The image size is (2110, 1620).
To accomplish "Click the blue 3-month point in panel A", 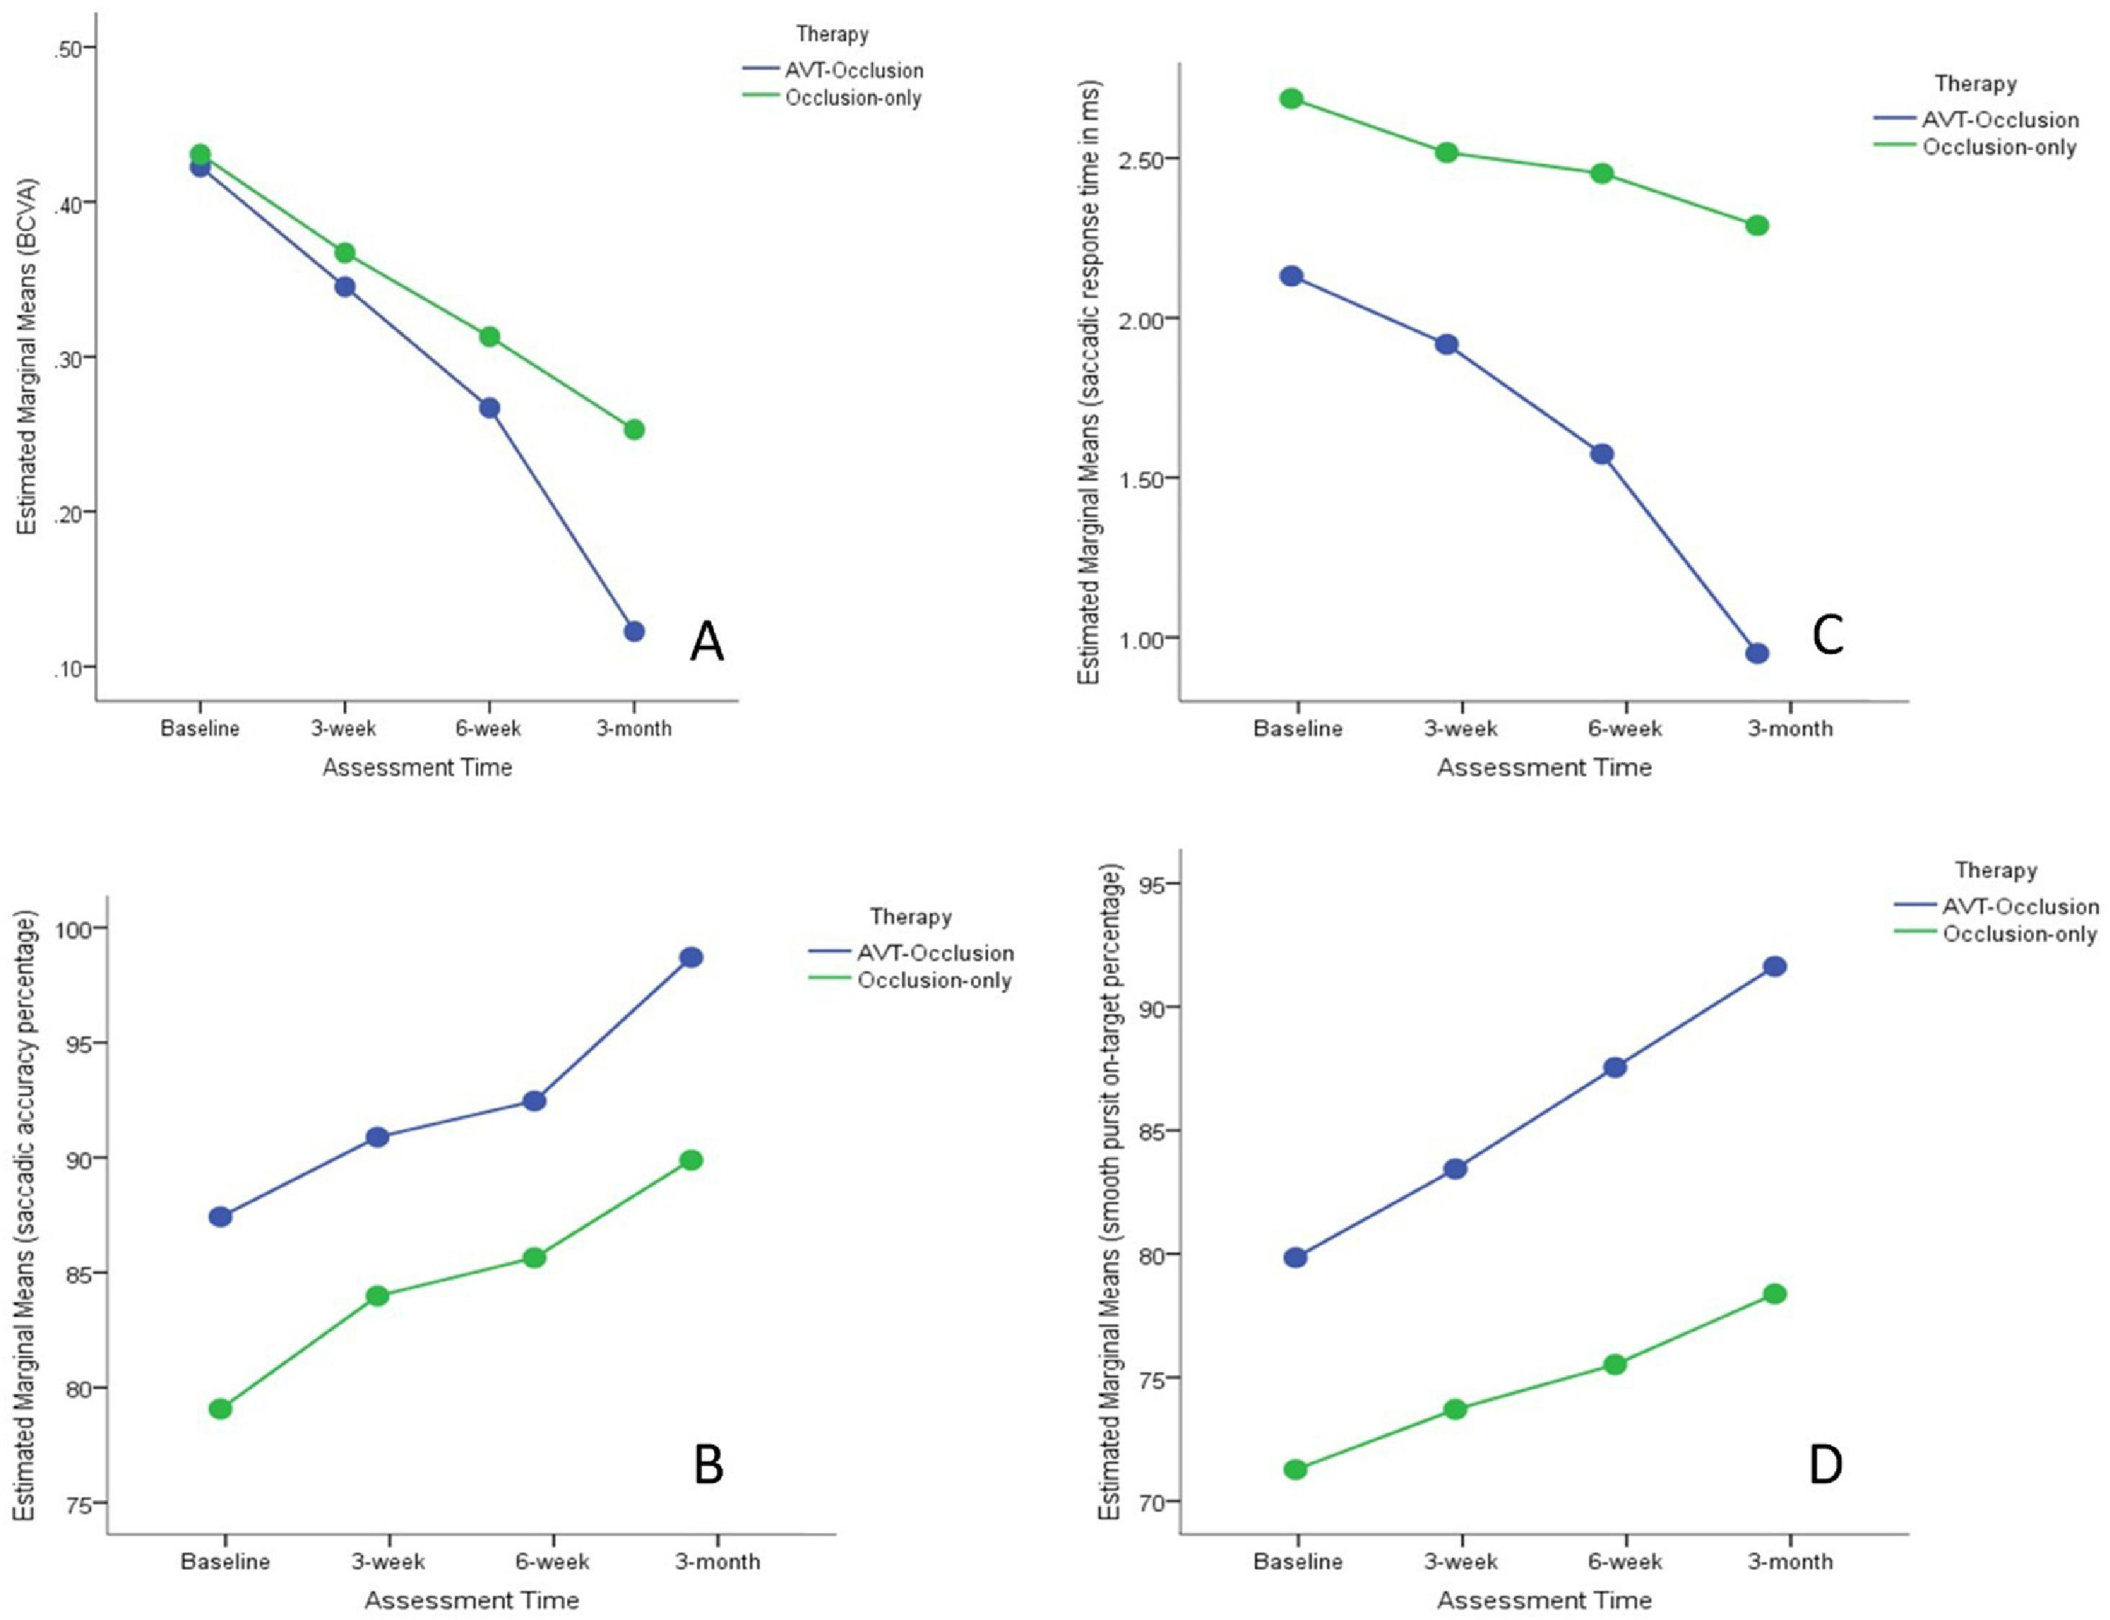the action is pos(634,632).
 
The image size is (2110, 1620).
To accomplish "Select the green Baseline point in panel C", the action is pos(1292,98).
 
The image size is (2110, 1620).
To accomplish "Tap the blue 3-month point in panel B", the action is pos(692,957).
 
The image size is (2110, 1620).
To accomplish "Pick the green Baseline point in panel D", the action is pos(1295,1469).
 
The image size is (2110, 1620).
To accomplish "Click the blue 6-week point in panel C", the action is pos(1602,454).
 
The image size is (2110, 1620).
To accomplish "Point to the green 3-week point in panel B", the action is pos(377,1296).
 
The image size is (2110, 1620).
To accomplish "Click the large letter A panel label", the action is pos(707,640).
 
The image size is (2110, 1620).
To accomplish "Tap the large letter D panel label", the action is pos(1825,1464).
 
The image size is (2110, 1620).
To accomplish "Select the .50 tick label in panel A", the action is pos(69,48).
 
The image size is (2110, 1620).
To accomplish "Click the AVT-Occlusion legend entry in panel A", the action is pos(833,71).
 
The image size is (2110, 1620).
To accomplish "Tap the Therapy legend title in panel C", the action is pos(1976,84).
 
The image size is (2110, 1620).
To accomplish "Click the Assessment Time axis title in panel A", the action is pos(418,768).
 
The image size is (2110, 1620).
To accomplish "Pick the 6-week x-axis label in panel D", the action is pos(1625,1561).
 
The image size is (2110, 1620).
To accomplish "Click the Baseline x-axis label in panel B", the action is pos(226,1561).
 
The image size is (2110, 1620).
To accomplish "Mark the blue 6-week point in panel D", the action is pos(1615,1068).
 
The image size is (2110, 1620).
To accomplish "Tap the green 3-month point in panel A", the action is pos(634,429).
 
